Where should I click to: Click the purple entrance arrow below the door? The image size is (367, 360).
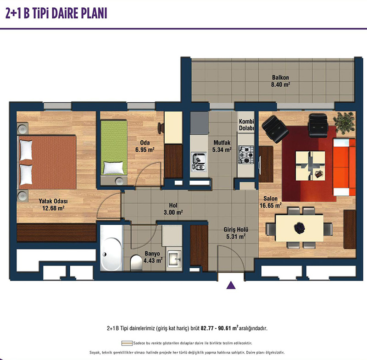[231, 285]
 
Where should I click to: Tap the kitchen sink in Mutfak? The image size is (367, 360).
[199, 161]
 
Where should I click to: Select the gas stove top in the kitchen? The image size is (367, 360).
[246, 155]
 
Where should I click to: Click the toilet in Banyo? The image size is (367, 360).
[136, 262]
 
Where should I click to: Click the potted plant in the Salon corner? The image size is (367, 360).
[344, 122]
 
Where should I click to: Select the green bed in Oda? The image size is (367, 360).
[114, 148]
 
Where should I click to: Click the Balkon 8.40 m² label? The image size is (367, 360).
[280, 81]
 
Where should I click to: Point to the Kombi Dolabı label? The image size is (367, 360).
[246, 125]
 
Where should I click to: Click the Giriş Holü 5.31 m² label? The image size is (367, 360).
[236, 233]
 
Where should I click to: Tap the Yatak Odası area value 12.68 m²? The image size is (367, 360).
[53, 208]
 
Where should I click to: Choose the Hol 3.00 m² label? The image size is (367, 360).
[173, 209]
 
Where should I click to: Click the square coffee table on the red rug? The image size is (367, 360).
[311, 166]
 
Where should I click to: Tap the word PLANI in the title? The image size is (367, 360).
[94, 13]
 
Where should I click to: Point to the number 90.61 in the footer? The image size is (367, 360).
[225, 328]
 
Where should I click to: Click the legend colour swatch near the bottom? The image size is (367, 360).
[127, 343]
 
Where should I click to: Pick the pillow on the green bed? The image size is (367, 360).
[114, 168]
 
